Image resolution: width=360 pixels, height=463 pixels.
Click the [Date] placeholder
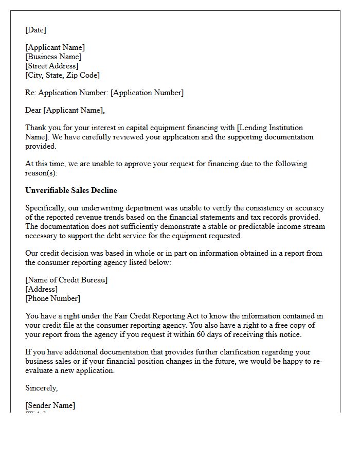35,30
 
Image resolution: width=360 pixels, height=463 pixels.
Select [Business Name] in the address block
53,57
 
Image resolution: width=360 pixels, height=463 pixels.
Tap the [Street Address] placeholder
51,66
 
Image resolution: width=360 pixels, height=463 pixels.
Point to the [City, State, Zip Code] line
62,75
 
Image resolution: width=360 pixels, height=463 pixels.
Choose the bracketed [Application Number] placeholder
147,93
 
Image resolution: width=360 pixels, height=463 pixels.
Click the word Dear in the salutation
33,110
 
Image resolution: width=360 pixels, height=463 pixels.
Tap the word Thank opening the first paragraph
35,128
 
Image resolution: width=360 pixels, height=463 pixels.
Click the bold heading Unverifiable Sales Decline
71,190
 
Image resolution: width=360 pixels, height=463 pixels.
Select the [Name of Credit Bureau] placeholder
66,280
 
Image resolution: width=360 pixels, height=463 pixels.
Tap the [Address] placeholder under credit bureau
41,289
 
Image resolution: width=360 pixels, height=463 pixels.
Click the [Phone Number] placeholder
52,298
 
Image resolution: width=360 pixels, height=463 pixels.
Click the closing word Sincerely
41,388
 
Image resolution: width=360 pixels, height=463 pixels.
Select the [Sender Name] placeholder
50,405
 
